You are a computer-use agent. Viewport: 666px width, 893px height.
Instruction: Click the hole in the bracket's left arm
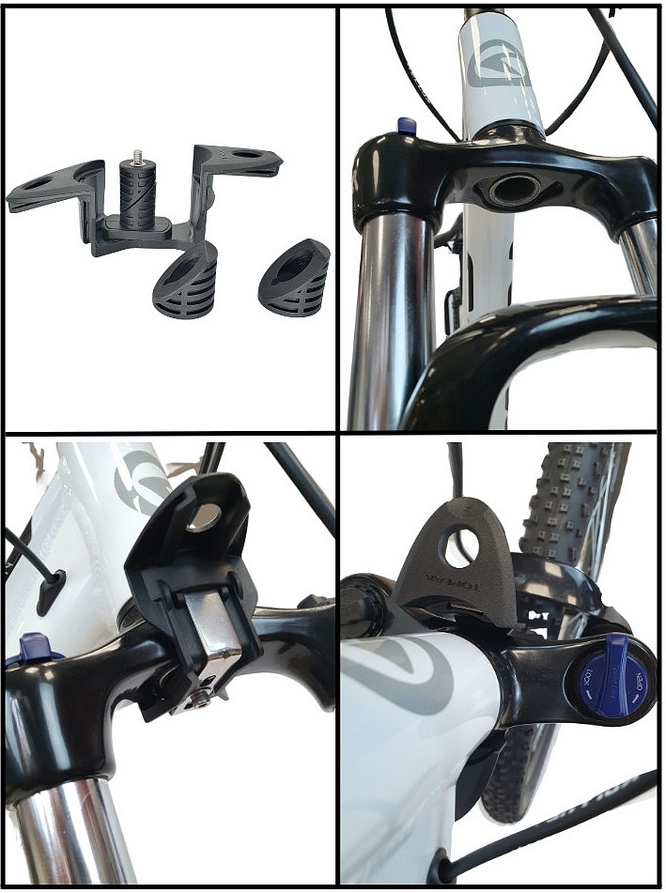pos(40,185)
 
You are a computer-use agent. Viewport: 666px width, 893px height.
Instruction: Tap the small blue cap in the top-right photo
pos(407,125)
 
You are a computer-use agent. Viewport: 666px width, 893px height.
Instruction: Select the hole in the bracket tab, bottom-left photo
pos(205,514)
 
